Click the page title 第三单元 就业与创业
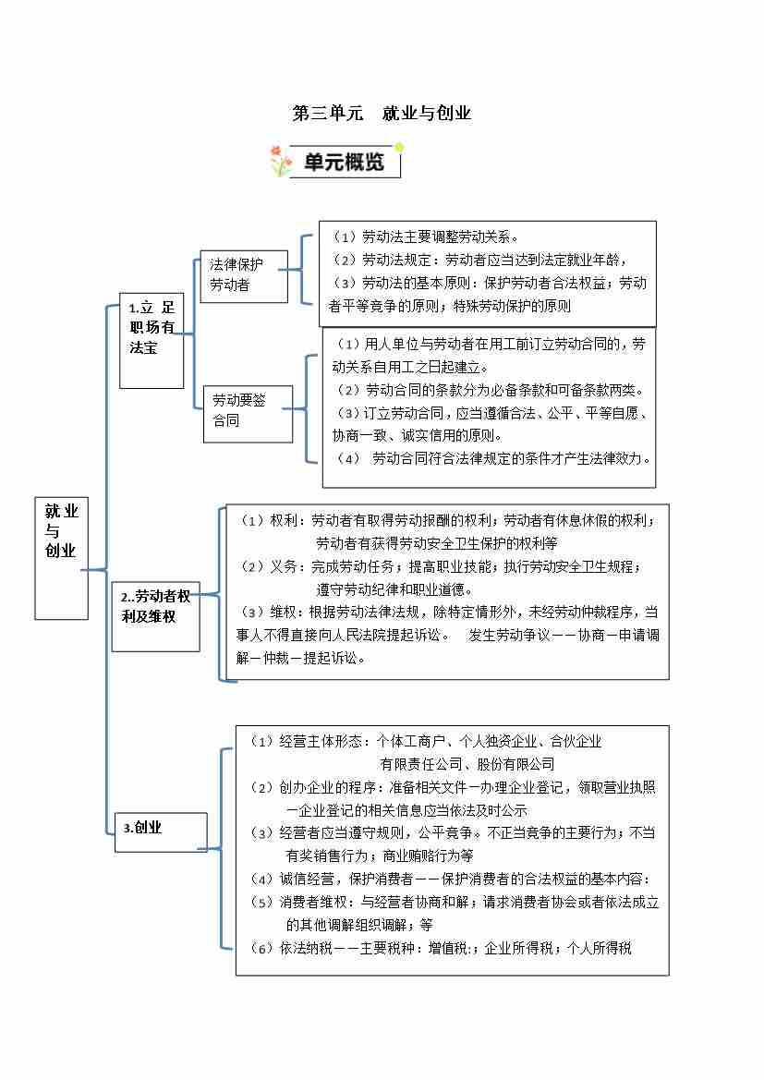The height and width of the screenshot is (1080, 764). click(x=382, y=114)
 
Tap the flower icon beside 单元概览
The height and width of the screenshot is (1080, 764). click(x=281, y=161)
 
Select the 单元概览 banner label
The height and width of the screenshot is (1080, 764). click(x=345, y=163)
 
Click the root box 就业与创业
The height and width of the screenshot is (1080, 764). click(x=61, y=531)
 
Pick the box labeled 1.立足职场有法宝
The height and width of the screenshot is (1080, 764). click(x=152, y=327)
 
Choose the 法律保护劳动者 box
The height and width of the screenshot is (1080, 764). click(x=242, y=274)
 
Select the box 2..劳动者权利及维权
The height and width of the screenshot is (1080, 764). click(x=155, y=605)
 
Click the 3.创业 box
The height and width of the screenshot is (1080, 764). click(x=159, y=828)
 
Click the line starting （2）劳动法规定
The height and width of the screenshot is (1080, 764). click(x=481, y=260)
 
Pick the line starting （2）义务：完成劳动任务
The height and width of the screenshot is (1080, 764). click(x=439, y=566)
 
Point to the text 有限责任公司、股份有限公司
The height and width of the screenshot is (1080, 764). click(x=467, y=764)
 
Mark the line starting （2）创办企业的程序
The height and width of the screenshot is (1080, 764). click(x=453, y=787)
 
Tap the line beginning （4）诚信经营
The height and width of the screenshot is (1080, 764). click(x=450, y=879)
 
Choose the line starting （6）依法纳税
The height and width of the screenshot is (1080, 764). click(x=441, y=947)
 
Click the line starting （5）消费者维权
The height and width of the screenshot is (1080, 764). click(x=455, y=902)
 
